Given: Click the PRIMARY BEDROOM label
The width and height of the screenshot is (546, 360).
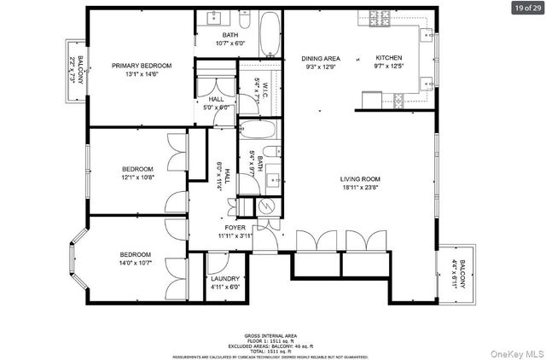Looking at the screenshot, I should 142,66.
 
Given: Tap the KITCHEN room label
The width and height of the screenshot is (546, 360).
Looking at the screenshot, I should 388,58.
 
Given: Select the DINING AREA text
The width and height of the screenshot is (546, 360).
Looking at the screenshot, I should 320,58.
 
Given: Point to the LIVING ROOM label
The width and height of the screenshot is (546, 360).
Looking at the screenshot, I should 359,178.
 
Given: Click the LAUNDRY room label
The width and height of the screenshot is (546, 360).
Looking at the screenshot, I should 224,279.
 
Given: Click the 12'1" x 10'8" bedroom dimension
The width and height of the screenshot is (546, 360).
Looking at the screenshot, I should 136,177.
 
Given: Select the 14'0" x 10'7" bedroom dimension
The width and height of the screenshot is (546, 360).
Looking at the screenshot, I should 135,264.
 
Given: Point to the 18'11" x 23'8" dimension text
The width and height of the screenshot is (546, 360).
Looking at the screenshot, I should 359,187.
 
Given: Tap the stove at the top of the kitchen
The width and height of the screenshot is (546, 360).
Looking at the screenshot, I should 375,17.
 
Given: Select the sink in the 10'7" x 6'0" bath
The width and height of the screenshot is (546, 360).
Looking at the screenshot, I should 212,18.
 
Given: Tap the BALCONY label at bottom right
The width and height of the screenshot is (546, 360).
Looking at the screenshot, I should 462,274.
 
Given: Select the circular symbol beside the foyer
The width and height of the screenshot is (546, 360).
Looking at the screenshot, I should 264,206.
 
